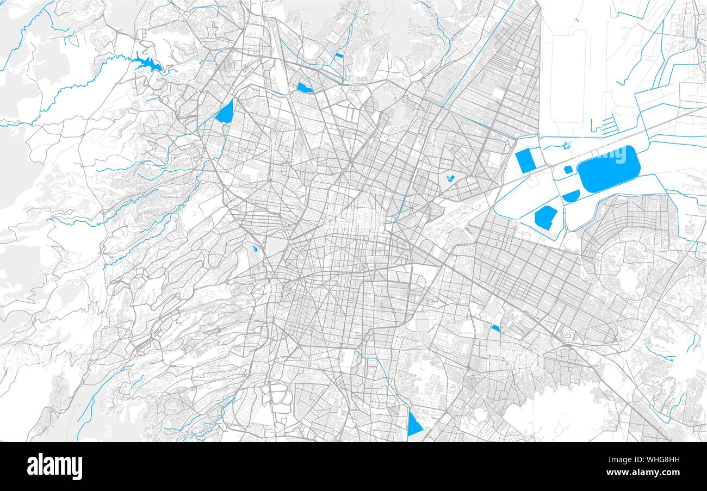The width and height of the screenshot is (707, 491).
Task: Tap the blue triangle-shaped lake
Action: click(x=414, y=424)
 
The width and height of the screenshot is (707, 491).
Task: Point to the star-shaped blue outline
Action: click(x=567, y=145)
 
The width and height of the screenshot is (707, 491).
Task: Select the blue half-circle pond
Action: click(x=571, y=196)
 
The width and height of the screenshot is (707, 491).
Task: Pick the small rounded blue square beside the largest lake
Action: click(x=568, y=170)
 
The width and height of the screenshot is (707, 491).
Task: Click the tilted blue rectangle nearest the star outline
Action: click(x=525, y=161)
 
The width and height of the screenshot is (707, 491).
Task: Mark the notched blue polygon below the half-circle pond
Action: click(x=545, y=217)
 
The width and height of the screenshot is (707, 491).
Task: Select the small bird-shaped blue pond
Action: click(x=450, y=177)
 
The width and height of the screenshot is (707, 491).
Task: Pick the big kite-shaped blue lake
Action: click(x=225, y=111)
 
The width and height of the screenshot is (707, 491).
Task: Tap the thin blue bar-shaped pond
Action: click(x=339, y=55)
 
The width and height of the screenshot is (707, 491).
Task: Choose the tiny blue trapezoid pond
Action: click(x=495, y=328)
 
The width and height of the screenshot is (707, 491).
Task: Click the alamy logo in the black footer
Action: click(x=54, y=467)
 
